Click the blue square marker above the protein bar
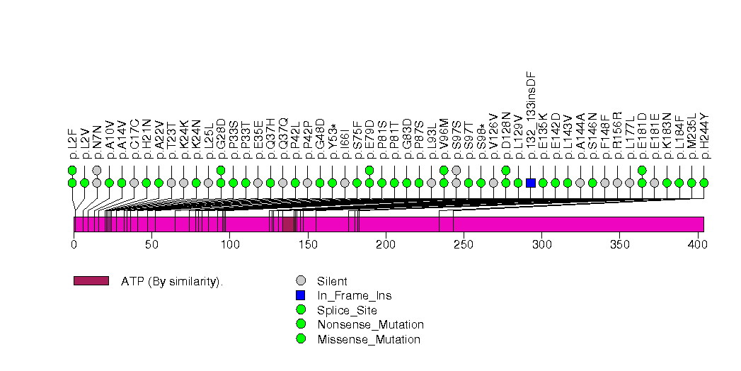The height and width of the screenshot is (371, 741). (531, 183)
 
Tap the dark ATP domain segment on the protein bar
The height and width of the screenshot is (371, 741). (288, 224)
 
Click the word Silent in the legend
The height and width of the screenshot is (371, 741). (332, 280)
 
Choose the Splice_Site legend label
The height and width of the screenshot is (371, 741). (347, 310)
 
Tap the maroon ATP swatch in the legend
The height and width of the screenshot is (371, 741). (91, 280)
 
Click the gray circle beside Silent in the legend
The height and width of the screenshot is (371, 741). (301, 280)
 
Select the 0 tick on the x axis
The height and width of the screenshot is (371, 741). (74, 244)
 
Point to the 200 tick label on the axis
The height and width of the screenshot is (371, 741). (386, 244)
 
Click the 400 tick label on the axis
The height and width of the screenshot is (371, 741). (698, 244)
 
